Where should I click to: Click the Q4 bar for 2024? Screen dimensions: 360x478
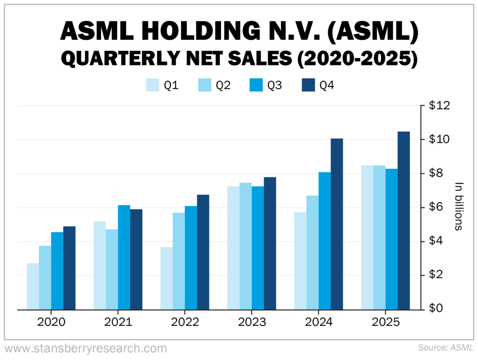tap(337, 224)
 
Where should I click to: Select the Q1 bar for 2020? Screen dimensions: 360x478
tap(33, 286)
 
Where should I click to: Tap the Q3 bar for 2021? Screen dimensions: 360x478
tap(124, 257)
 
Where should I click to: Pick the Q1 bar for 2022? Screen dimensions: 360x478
tap(166, 278)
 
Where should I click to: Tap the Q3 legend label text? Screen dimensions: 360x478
tap(274, 85)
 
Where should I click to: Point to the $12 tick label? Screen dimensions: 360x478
tap(439, 106)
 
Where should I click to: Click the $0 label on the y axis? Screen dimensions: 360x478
tap(437, 309)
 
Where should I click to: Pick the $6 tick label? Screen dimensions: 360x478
tap(437, 208)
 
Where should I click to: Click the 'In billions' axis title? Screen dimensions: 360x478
tap(458, 206)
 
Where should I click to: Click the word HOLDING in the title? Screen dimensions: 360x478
tap(200, 32)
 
